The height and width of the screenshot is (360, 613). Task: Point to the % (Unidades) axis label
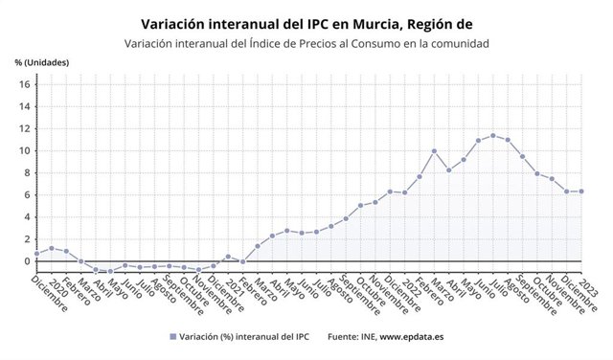(x=42, y=63)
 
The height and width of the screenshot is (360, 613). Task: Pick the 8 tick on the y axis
(x=26, y=172)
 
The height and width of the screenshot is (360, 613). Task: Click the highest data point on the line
(x=493, y=136)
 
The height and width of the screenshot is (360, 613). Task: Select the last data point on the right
(x=580, y=191)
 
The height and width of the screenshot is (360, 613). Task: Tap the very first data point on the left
(x=36, y=254)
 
